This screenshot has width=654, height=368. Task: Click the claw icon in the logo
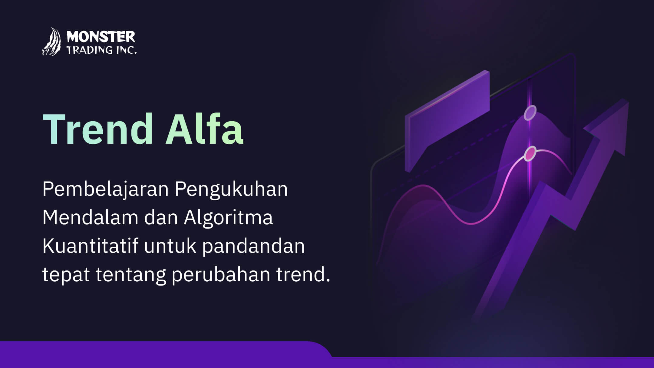tap(51, 42)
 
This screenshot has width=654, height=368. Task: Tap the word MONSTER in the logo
tap(101, 37)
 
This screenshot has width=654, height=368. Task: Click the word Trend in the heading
tap(98, 129)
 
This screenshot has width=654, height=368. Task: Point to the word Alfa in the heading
tap(204, 129)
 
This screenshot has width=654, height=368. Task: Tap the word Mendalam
tap(90, 217)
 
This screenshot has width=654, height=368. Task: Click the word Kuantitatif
tap(90, 246)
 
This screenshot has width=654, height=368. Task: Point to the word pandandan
tap(253, 246)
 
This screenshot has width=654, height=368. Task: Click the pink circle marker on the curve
tap(530, 153)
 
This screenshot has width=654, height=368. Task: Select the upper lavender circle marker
tap(530, 113)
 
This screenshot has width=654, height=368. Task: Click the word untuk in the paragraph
tap(170, 246)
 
